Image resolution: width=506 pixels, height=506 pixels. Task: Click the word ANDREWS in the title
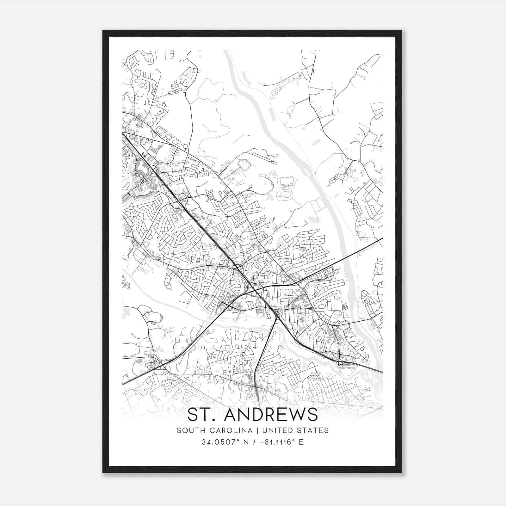(270, 415)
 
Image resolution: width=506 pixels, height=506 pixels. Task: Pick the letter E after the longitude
(301, 442)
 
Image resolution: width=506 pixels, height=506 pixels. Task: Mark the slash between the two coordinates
(253, 442)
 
